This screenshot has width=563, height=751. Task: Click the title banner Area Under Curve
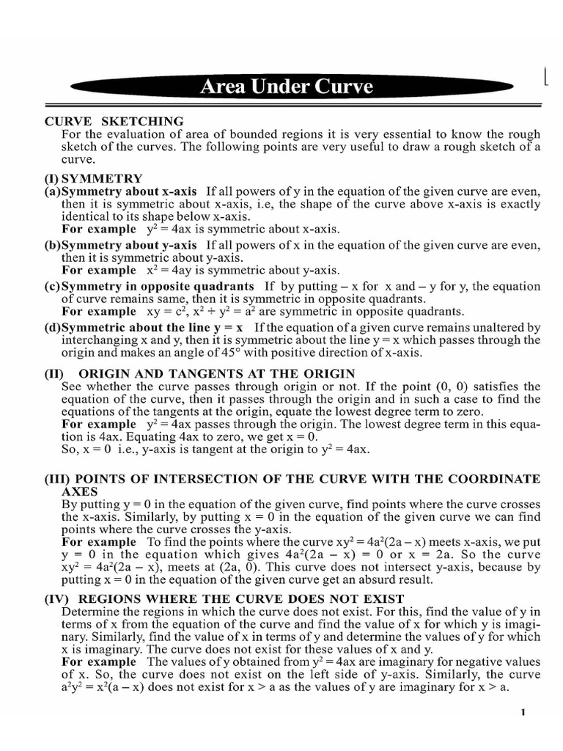(287, 87)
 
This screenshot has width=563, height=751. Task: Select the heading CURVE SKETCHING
(114, 121)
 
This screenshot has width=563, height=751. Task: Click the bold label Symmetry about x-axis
(130, 191)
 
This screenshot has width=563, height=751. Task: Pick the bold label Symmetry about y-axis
(130, 245)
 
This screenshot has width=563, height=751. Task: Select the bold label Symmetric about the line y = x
(155, 327)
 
